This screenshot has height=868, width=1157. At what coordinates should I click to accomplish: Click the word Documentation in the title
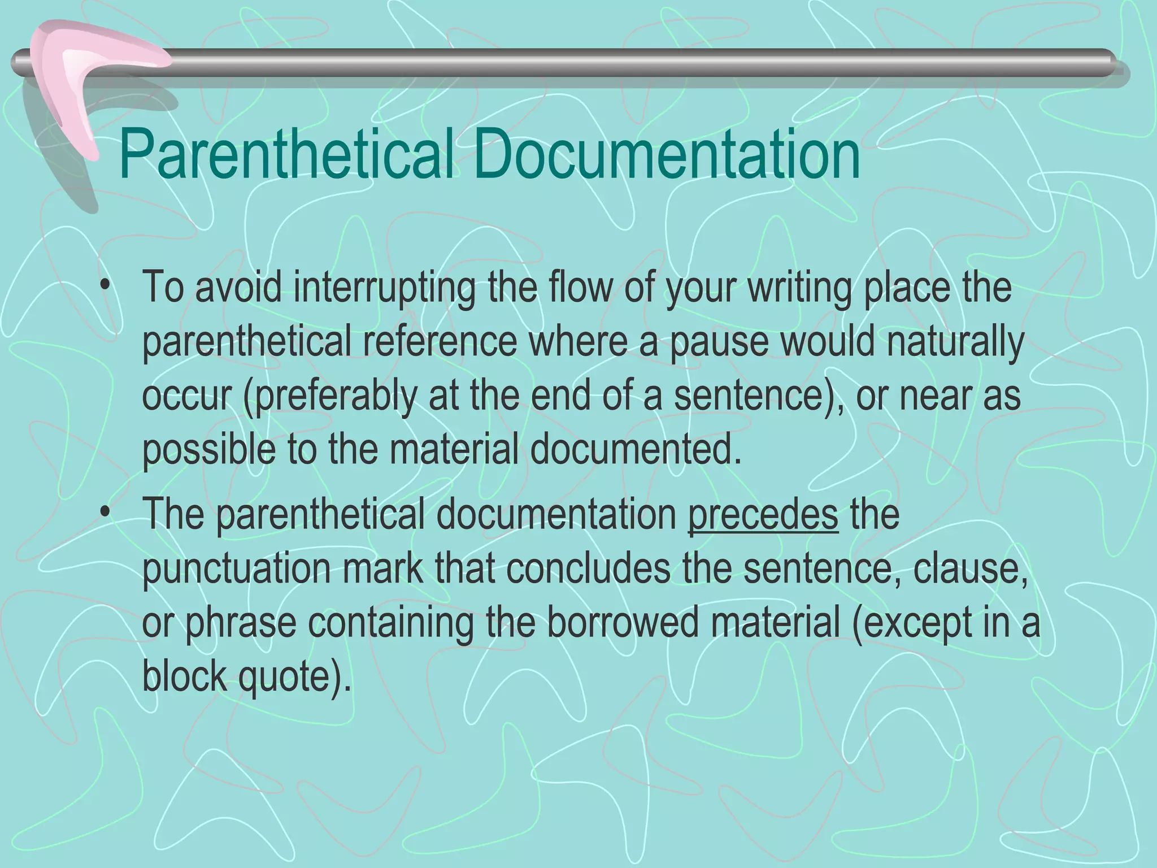coord(669,154)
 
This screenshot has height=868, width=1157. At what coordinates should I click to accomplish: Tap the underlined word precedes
coord(763,515)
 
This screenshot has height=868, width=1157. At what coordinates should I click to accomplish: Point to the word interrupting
coord(384,288)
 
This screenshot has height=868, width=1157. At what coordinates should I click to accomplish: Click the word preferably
coord(336,397)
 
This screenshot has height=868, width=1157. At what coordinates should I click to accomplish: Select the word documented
coord(635,450)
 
